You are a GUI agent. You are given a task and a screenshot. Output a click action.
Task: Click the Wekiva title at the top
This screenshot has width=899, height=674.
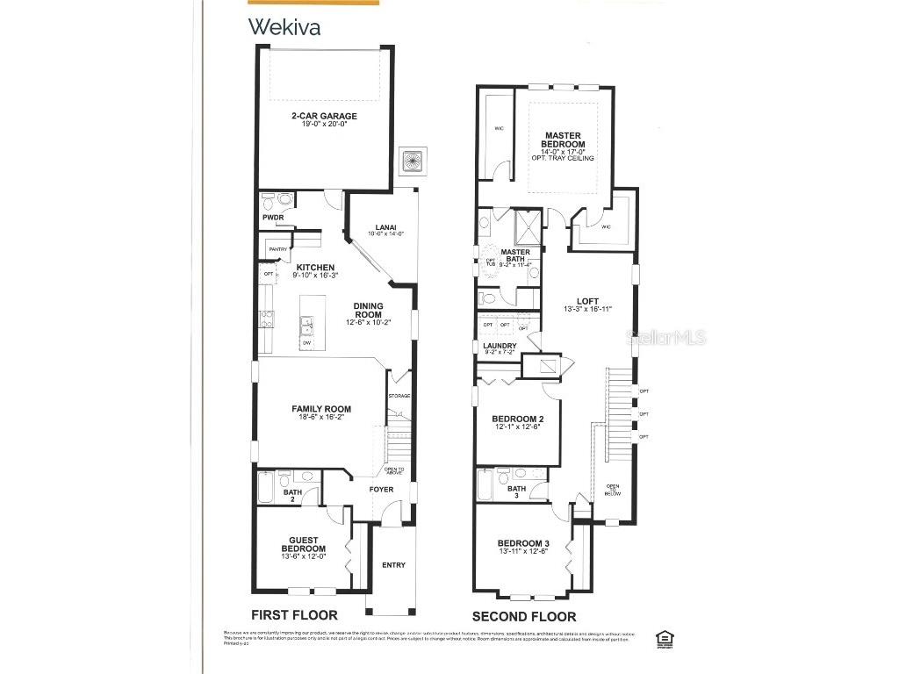[284, 26]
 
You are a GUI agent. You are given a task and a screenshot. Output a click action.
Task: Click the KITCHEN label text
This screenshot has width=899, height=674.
[314, 269]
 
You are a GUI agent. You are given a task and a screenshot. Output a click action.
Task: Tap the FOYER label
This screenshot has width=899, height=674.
[381, 490]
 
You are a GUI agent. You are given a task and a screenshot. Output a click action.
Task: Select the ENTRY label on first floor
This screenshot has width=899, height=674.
[393, 564]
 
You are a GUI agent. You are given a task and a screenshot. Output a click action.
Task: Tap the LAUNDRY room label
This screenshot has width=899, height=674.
[500, 346]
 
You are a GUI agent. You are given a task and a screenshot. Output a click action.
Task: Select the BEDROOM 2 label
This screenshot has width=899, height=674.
[517, 419]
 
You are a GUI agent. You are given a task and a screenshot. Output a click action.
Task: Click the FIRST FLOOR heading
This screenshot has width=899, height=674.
[294, 615]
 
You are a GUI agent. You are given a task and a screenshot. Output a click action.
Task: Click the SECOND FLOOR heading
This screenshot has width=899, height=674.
[523, 616]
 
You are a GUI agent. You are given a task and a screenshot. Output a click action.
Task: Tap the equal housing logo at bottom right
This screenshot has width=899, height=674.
[665, 636]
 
